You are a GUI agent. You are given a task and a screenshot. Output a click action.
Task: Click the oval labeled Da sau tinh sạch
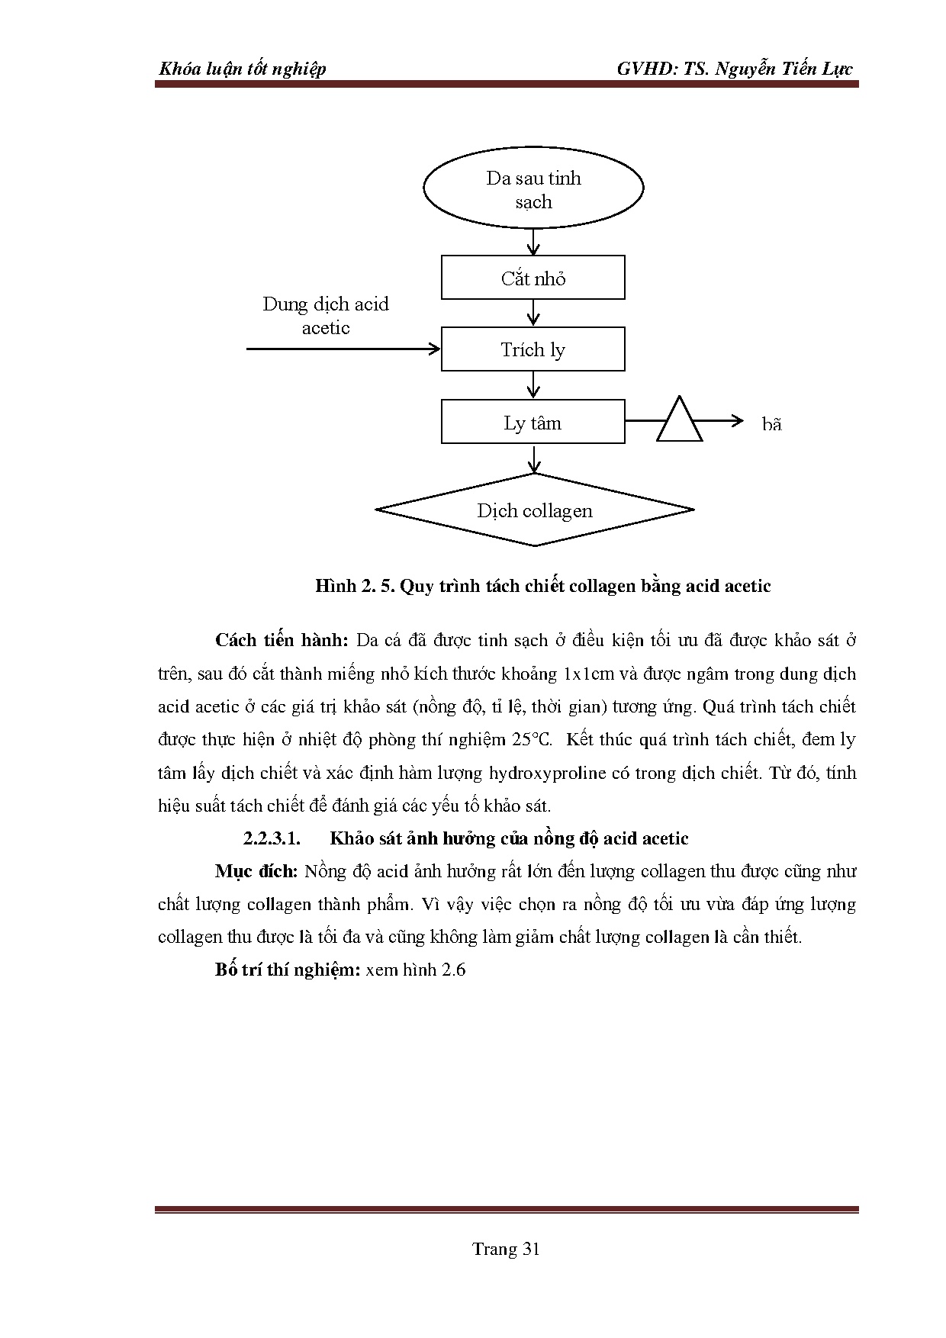coord(533,188)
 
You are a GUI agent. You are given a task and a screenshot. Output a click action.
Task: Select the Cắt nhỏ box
coord(533,278)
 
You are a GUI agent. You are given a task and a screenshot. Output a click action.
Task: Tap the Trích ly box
coord(533,349)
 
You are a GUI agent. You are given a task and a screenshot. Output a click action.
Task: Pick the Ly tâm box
coord(533,423)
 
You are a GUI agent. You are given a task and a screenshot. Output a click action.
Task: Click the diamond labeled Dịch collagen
coord(535,510)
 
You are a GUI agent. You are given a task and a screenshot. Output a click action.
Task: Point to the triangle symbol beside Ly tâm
coord(679,422)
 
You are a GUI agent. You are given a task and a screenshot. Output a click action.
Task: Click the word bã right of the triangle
coord(772,425)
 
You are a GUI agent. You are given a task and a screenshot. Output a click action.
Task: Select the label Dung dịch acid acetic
coord(326,315)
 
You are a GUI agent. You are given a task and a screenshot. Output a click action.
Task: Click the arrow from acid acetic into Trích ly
coord(343,349)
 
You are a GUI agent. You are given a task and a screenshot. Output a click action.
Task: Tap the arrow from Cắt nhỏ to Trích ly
coord(533,313)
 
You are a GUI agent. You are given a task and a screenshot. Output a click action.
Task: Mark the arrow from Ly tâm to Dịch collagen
coord(534,458)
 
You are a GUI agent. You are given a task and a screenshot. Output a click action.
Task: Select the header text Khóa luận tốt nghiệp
coord(242,69)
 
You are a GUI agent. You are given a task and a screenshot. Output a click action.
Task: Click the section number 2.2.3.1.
coord(272,839)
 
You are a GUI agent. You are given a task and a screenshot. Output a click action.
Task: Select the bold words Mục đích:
coord(256,871)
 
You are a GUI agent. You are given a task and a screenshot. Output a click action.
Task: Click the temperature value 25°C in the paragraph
coord(530,739)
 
